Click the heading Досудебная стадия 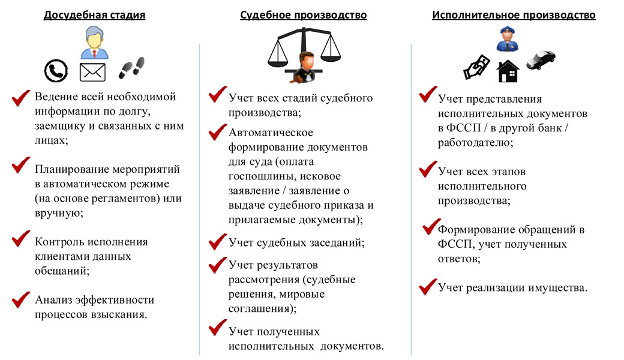94,15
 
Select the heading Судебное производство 303,15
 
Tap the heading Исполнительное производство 514,15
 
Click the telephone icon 56,71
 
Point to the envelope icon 92,72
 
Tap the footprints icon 132,68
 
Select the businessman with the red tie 94,43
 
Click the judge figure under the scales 304,68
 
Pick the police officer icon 508,38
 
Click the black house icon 508,71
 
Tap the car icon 541,59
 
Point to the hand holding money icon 477,67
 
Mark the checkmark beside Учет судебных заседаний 218,241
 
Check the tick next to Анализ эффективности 21,299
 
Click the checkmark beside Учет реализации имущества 428,287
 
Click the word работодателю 475,142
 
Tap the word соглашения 262,308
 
